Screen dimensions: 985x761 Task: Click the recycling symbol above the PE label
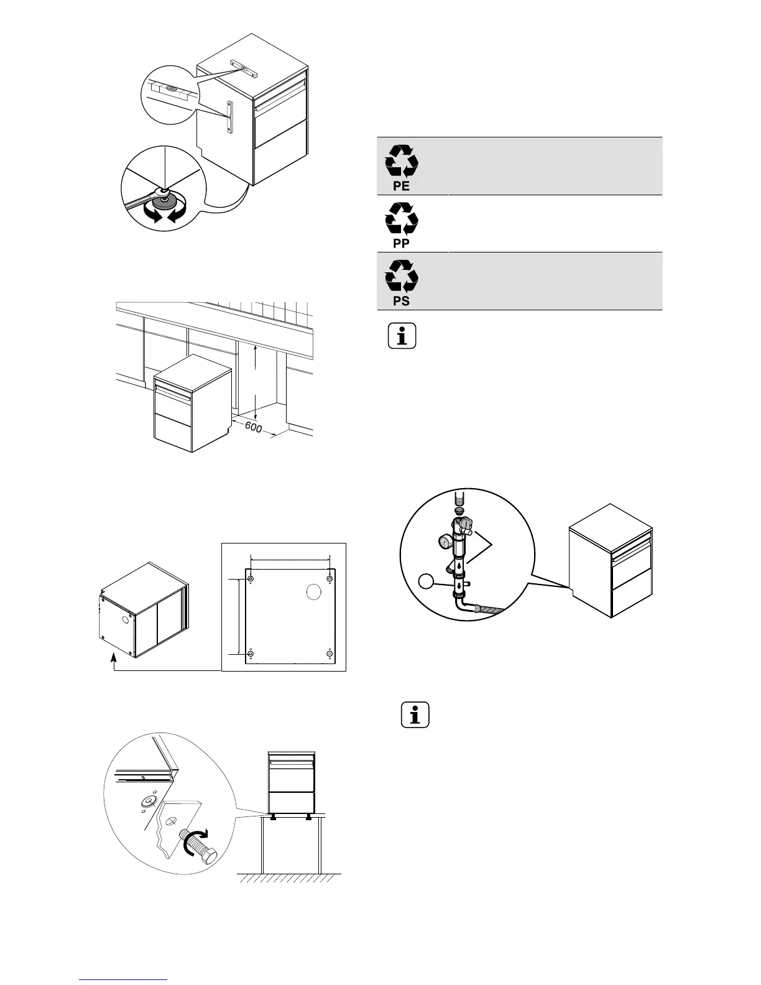(402, 160)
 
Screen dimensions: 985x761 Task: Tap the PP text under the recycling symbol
(402, 244)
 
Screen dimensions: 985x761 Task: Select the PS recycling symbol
(402, 275)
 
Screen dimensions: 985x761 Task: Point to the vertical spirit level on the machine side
(229, 118)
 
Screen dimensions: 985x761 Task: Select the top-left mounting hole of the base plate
(251, 580)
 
